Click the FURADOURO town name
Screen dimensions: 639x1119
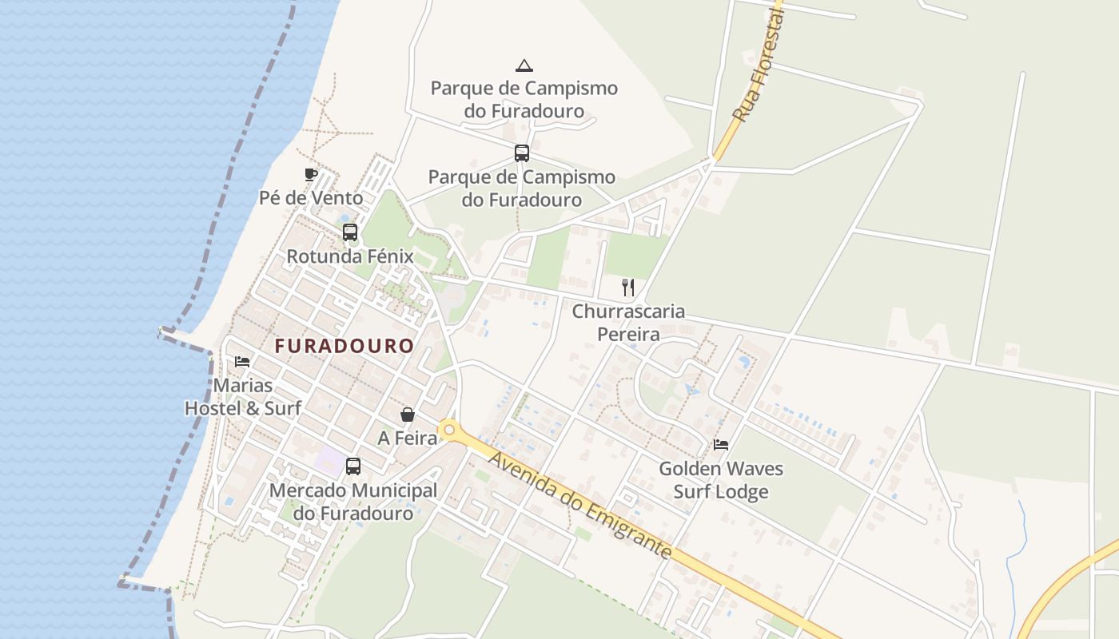[x=344, y=346]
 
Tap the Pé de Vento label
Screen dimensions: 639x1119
[x=311, y=197]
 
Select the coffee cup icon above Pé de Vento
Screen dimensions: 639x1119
[x=311, y=175]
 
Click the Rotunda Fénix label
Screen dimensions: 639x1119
[x=350, y=256]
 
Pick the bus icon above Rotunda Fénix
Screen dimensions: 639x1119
[x=350, y=232]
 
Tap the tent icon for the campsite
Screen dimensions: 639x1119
[x=524, y=65]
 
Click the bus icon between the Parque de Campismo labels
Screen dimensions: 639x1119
[x=522, y=153]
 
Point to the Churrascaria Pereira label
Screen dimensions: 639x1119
[x=628, y=322]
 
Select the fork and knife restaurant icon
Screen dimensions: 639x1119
[x=629, y=288]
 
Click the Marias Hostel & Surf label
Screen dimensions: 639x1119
[x=243, y=397]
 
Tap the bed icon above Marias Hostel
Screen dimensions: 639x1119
[x=242, y=362]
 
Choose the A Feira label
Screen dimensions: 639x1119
[x=408, y=438]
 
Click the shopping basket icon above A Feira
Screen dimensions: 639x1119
[x=408, y=415]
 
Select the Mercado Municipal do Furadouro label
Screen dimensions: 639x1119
[x=353, y=502]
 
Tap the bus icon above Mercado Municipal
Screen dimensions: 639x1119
[x=353, y=466]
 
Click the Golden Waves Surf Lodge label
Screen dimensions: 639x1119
[x=721, y=479]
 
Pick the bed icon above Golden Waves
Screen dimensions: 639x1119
[x=721, y=445]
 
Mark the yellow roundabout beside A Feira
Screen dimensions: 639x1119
[x=449, y=431]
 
